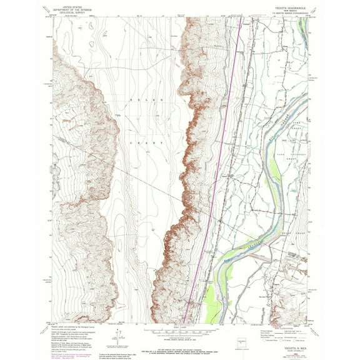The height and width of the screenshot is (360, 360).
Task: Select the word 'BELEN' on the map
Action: click(x=141, y=100)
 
